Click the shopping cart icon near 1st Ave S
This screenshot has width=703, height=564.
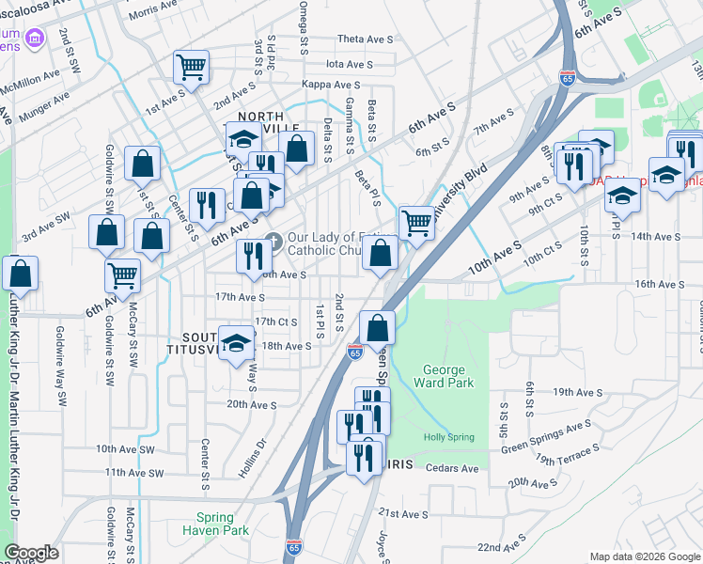click(191, 67)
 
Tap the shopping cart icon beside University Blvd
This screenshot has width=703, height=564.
click(416, 224)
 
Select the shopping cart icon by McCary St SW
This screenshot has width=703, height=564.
click(122, 275)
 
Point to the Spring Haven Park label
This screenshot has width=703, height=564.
click(223, 524)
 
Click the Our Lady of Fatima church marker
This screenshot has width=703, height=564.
click(274, 238)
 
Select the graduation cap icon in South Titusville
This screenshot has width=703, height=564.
click(236, 342)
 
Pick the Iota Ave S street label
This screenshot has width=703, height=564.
click(350, 64)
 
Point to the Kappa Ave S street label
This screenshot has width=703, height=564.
click(328, 85)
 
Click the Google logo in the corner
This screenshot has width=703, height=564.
click(31, 553)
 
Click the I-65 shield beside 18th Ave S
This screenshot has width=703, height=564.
click(354, 352)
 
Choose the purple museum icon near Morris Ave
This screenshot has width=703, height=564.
click(35, 38)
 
